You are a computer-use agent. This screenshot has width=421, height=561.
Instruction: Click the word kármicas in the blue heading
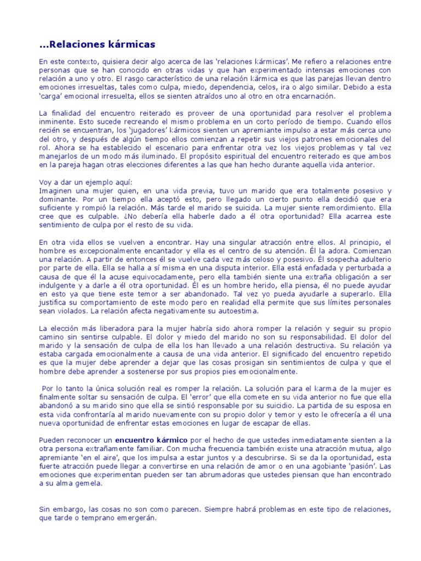click(x=129, y=44)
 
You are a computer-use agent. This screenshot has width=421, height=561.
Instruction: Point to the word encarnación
click(x=314, y=96)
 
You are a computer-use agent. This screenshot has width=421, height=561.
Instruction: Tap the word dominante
click(x=58, y=199)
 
